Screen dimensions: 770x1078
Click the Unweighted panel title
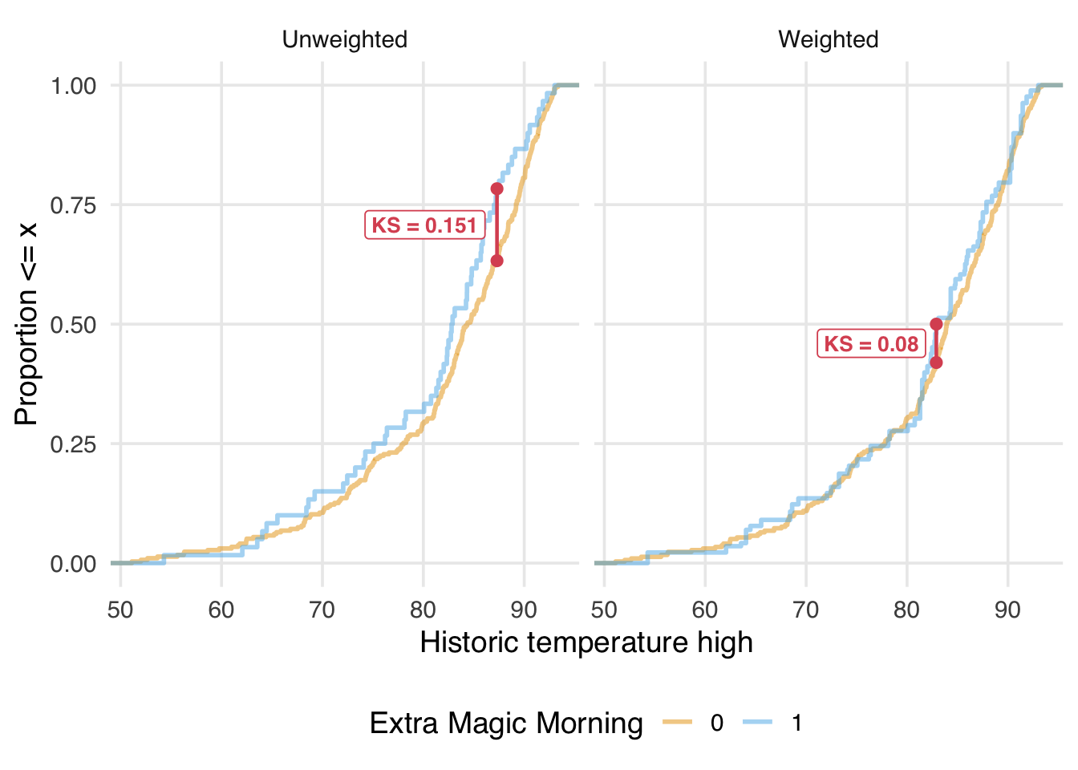coord(344,39)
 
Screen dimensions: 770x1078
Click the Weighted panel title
coord(828,39)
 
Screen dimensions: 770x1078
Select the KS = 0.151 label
coord(424,225)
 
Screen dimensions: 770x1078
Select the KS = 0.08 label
coord(871,344)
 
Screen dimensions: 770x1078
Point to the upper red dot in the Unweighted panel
coord(496,188)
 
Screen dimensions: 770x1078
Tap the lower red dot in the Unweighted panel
coord(496,261)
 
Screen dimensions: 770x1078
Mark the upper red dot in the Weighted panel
coord(936,324)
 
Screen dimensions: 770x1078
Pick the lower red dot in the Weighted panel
coord(936,363)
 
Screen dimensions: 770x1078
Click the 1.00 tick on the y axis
coord(73,86)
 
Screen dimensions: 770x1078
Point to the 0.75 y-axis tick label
coord(73,205)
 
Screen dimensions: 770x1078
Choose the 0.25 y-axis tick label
coord(73,444)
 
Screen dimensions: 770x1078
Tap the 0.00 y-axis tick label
coord(73,564)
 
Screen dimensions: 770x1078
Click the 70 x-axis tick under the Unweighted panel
coord(322,610)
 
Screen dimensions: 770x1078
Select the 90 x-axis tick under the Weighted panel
coord(1007,610)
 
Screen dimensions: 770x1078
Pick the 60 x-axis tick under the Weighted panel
coord(705,610)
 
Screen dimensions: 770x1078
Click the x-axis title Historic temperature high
coord(586,642)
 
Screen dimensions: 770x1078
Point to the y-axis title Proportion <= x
coord(26,324)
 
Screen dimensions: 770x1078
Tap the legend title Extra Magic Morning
coord(506,723)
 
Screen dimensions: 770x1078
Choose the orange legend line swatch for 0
coord(678,723)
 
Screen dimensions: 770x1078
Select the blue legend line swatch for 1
coord(758,723)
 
